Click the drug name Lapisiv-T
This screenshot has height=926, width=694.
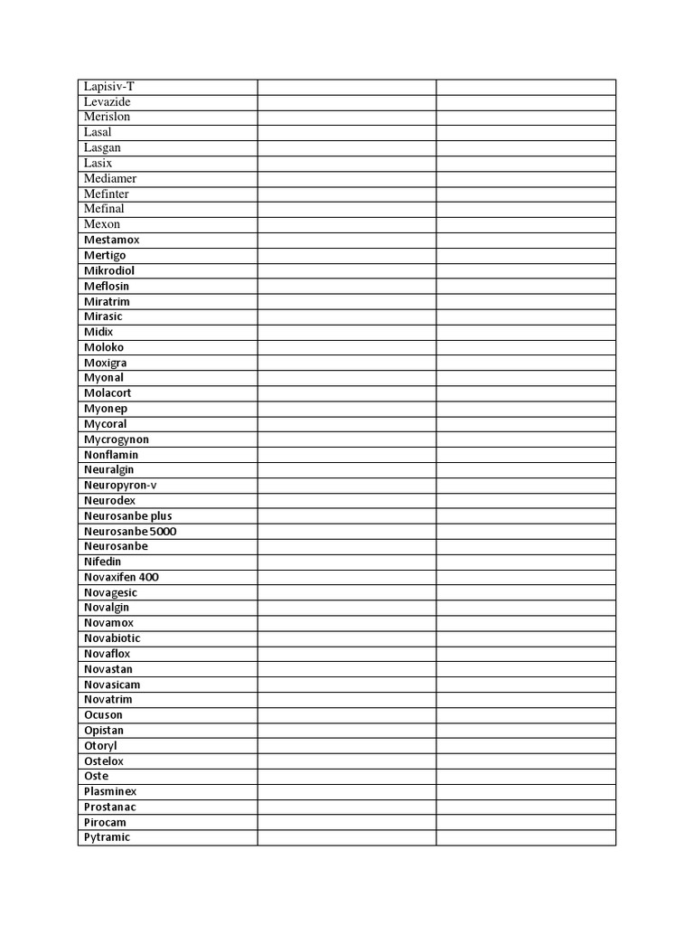(x=108, y=87)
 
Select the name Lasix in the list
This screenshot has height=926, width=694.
(x=98, y=164)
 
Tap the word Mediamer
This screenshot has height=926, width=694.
(x=110, y=179)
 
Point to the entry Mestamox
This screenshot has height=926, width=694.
(x=111, y=241)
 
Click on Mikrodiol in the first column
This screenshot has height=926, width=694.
(x=109, y=271)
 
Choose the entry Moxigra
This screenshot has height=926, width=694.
(x=105, y=364)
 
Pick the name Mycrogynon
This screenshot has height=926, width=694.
(x=117, y=439)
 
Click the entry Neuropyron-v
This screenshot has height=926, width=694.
(x=119, y=486)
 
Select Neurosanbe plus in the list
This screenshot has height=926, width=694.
(x=127, y=516)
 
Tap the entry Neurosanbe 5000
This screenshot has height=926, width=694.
(x=130, y=532)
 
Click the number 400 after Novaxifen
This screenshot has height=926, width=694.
(x=150, y=577)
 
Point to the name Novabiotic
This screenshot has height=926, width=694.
(x=112, y=638)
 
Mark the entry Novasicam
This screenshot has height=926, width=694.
(x=112, y=685)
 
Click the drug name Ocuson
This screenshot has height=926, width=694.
(x=103, y=715)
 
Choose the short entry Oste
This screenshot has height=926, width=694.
(x=96, y=777)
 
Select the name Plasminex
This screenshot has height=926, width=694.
(x=110, y=792)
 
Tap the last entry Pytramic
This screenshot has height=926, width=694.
(x=107, y=837)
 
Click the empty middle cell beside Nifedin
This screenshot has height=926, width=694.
(x=347, y=562)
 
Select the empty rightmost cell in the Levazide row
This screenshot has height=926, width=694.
(x=526, y=102)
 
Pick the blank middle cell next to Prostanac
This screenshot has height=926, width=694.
(x=347, y=808)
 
